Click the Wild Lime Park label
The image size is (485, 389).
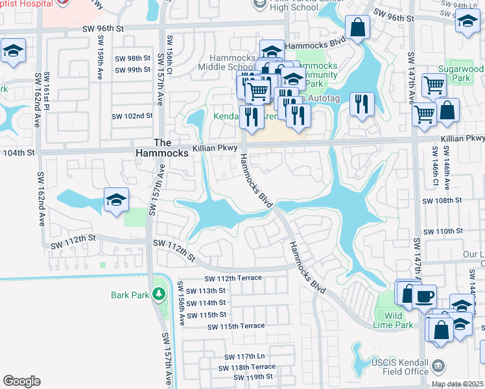[x=393, y=320]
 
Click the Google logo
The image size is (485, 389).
[x=21, y=381]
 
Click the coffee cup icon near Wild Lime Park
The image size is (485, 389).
[x=424, y=297]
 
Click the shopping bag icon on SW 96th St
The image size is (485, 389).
[x=357, y=28]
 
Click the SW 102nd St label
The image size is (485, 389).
[x=132, y=116]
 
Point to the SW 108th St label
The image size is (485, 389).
[x=442, y=201]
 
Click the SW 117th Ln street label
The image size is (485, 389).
[x=245, y=357]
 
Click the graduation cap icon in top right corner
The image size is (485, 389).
[x=467, y=21]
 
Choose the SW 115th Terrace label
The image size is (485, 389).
[x=236, y=326]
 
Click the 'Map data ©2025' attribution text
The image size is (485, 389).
[x=457, y=384]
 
